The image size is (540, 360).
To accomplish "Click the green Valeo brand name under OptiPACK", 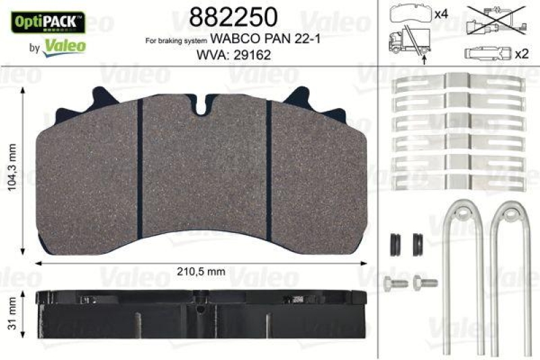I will pos(64,46).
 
